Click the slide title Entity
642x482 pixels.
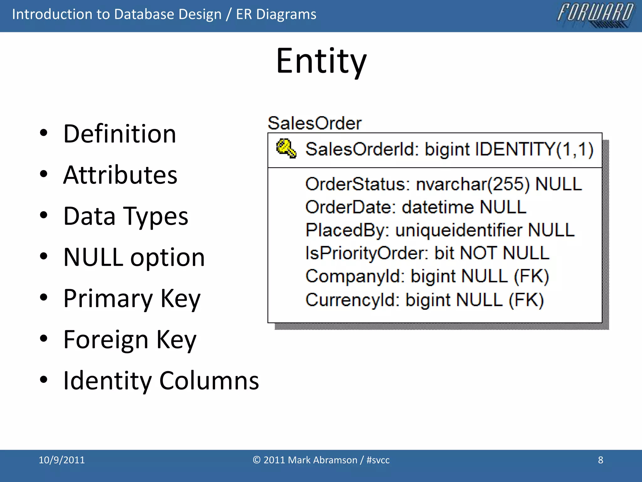click(321, 61)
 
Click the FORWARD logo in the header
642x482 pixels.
click(595, 14)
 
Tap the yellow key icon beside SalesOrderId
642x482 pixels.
click(286, 148)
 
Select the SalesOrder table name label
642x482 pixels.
click(314, 123)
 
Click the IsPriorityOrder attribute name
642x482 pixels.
click(366, 253)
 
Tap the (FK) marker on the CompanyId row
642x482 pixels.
click(531, 276)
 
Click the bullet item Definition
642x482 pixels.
click(120, 134)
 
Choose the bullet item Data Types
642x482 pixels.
click(125, 216)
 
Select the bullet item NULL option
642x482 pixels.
click(134, 257)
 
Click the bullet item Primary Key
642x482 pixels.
click(132, 298)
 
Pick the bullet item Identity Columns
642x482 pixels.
click(161, 381)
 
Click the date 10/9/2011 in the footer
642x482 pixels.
click(62, 460)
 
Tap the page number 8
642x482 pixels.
click(600, 460)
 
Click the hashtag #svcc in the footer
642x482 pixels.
click(378, 460)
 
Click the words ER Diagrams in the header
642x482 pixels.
click(276, 14)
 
